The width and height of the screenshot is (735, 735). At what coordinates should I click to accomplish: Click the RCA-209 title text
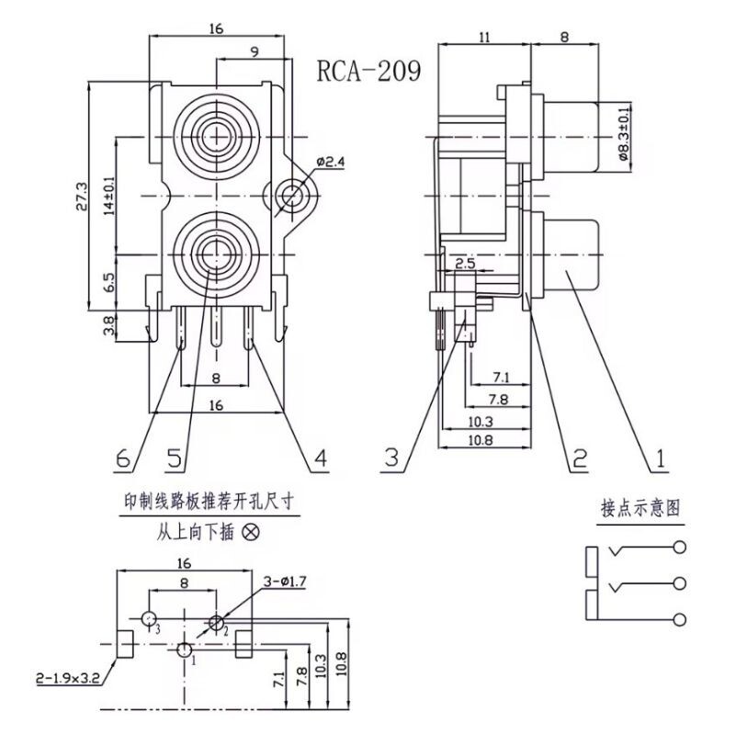pyautogui.click(x=369, y=72)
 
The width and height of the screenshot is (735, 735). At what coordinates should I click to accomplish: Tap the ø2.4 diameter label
pyautogui.click(x=331, y=163)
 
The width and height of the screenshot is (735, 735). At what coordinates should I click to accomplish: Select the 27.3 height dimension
pyautogui.click(x=81, y=197)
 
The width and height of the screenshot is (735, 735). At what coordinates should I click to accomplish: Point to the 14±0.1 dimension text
pyautogui.click(x=109, y=196)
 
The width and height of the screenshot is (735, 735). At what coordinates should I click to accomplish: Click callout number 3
pyautogui.click(x=392, y=457)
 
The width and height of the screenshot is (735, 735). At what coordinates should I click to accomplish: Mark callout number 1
pyautogui.click(x=661, y=458)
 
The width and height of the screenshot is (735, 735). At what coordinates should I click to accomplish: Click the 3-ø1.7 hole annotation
pyautogui.click(x=285, y=582)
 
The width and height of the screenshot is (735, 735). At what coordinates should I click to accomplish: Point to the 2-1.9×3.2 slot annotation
pyautogui.click(x=68, y=678)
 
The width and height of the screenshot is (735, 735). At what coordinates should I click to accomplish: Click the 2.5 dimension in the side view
pyautogui.click(x=466, y=263)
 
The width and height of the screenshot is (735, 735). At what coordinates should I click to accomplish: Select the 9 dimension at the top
pyautogui.click(x=254, y=51)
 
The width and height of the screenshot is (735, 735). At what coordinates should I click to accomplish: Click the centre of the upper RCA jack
pyautogui.click(x=217, y=137)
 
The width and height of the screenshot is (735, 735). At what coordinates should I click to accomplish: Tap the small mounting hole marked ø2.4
pyautogui.click(x=291, y=196)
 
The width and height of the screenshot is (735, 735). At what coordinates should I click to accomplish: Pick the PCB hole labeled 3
pyautogui.click(x=149, y=618)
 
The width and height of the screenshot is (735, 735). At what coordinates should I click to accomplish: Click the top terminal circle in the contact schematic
pyautogui.click(x=680, y=547)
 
